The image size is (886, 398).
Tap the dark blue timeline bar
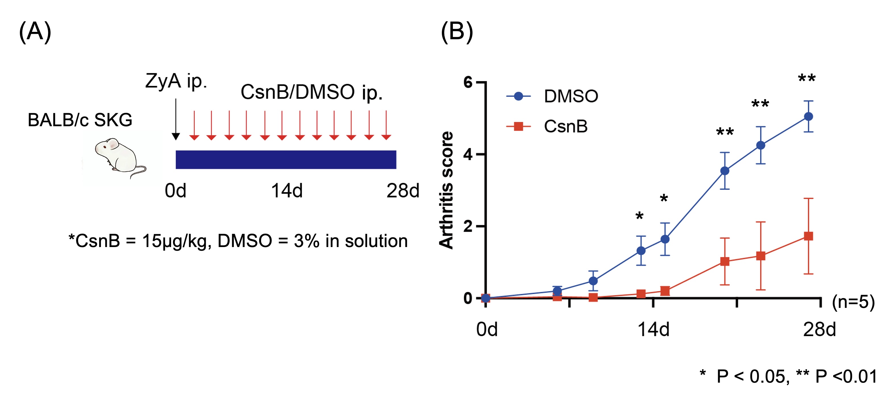coord(286,159)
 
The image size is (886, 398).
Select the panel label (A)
coord(35,32)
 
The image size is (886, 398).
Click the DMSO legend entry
coord(552,96)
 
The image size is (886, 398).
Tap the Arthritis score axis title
coord(446,190)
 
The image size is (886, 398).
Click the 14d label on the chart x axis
coord(653,329)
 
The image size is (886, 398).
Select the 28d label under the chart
coord(819,329)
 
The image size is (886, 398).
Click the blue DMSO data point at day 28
coord(808,117)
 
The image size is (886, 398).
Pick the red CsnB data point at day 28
coord(808,236)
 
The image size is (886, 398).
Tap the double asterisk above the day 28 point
coord(806,78)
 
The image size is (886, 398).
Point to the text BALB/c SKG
coord(80,120)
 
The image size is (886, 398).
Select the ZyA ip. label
coord(176,81)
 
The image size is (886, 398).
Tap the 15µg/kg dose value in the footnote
coord(176,241)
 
